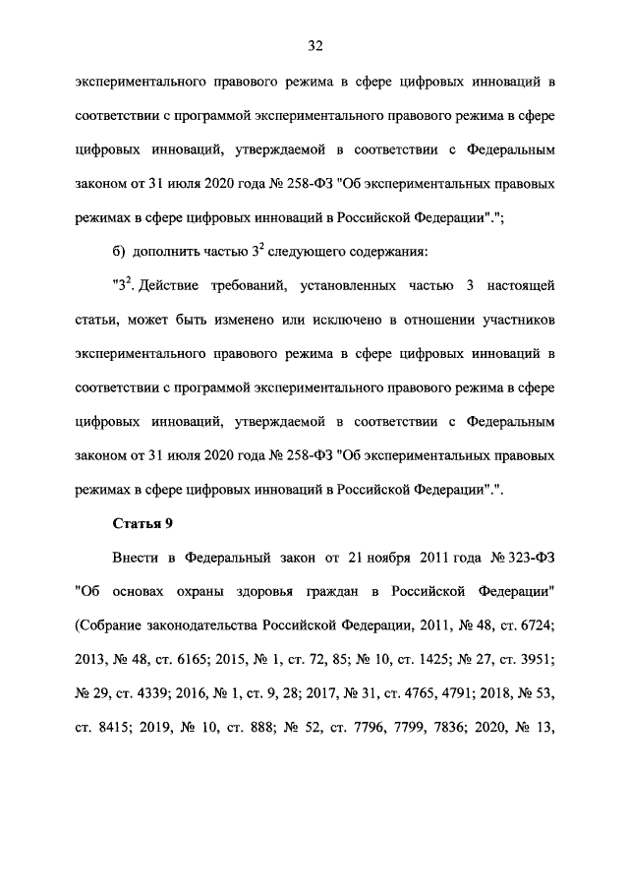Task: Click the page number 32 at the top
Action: (x=314, y=45)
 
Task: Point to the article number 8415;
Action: (x=113, y=729)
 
